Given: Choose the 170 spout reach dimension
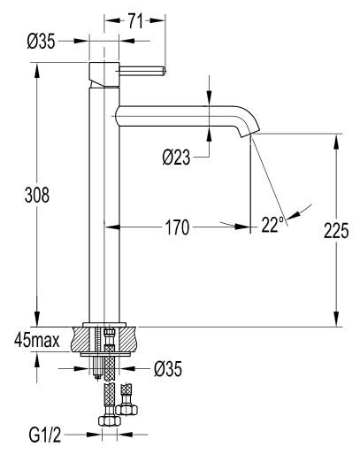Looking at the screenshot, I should [x=176, y=227].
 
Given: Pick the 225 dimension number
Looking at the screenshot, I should [x=333, y=231].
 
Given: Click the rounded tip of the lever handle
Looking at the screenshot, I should [x=164, y=71].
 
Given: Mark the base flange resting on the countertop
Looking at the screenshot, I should [x=107, y=324].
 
